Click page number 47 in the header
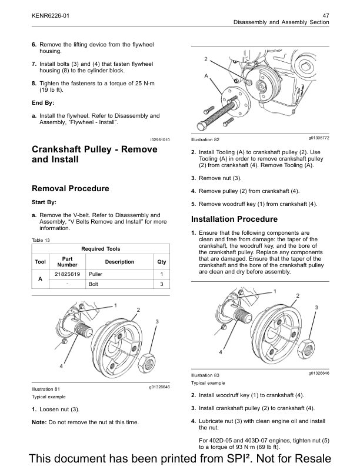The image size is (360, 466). [325, 15]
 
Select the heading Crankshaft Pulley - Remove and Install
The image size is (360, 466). [94, 154]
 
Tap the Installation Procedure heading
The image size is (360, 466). [234, 219]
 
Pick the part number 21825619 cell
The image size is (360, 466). [67, 274]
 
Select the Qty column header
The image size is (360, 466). [161, 262]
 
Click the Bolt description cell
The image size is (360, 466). [94, 285]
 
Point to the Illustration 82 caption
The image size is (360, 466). [205, 139]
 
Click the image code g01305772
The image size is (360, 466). [318, 138]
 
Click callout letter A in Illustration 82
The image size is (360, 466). [206, 76]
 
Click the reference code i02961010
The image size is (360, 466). [159, 139]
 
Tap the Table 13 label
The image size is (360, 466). [41, 240]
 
